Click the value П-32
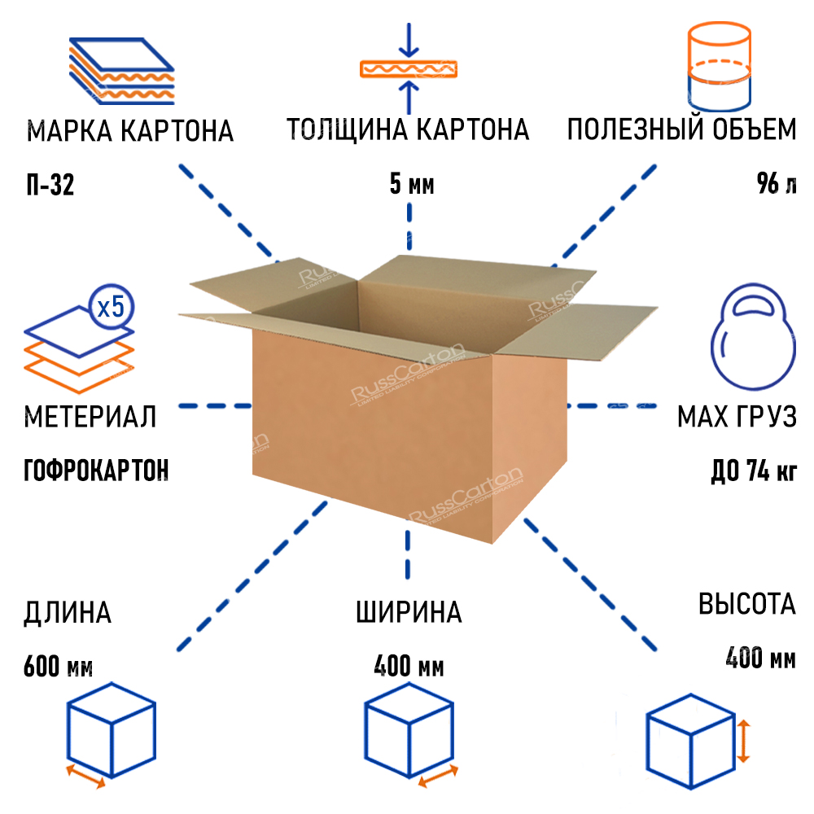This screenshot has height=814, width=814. [x=50, y=186]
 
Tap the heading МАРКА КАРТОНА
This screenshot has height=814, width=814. [x=130, y=131]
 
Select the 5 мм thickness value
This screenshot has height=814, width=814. [x=412, y=186]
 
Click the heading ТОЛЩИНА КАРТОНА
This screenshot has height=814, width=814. [x=408, y=130]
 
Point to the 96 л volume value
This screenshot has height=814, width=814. [x=777, y=186]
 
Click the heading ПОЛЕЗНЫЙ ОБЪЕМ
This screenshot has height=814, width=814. [x=681, y=130]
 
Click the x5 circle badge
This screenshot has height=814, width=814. [x=110, y=308]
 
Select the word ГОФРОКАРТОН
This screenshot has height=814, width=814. [x=97, y=470]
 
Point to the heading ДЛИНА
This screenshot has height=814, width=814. [x=68, y=612]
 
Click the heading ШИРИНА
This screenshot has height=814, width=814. [x=409, y=612]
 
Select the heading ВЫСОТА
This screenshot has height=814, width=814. [x=746, y=604]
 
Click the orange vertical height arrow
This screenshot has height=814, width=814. [x=743, y=741]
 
